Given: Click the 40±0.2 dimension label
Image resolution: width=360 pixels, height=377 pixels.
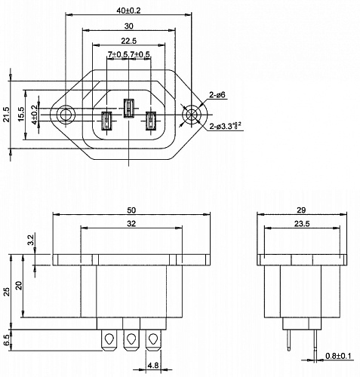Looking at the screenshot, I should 129,11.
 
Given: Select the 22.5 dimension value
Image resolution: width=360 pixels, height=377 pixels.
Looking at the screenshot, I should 128,41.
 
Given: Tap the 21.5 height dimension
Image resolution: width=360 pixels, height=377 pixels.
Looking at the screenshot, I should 7,115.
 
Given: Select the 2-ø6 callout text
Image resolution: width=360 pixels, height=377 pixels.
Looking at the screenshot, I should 218,95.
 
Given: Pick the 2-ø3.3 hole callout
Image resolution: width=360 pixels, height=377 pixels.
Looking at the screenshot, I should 226,125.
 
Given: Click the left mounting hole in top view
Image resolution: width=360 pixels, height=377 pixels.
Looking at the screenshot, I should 66,115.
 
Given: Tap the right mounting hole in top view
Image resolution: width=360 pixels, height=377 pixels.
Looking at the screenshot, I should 192,115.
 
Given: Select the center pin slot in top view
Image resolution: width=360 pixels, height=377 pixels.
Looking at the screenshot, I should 129,108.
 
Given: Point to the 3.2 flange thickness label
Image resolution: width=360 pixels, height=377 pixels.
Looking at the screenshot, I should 29,241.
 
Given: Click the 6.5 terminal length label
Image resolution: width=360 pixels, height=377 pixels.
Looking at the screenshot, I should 7,339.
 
